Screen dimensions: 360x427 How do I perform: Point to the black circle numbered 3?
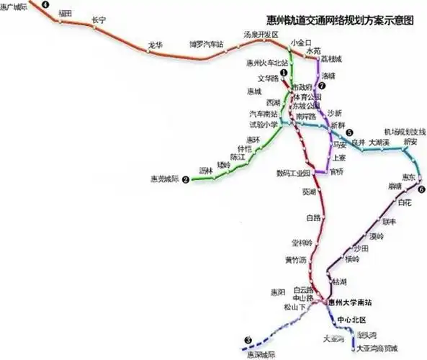click(248, 340)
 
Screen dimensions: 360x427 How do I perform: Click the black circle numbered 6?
click(421, 189)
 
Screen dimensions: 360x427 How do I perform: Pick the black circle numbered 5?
click(349, 132)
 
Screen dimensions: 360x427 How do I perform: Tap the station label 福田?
click(66, 13)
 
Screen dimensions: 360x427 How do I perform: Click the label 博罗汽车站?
click(206, 44)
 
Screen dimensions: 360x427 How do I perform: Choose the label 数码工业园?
click(292, 174)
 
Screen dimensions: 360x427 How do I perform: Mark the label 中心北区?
click(352, 319)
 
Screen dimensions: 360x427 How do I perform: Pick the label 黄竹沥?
click(295, 259)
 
